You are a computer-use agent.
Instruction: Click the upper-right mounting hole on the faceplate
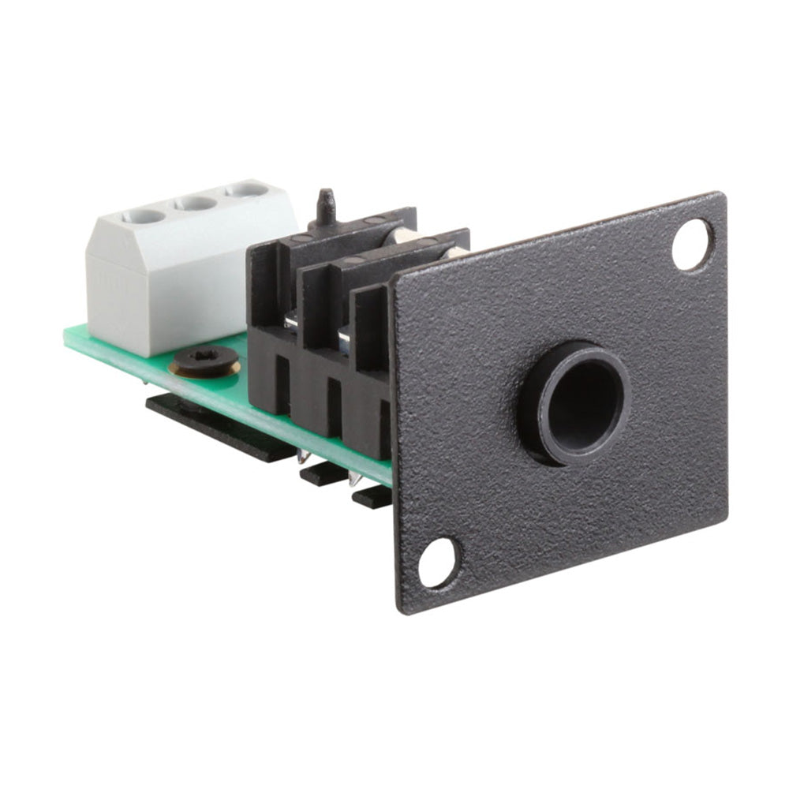coord(692,245)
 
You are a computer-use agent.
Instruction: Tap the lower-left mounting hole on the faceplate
coord(436,561)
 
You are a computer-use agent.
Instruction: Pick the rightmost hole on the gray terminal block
coord(248,189)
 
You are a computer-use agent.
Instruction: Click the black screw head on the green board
coord(204,359)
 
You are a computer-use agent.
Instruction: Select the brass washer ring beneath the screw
coord(204,369)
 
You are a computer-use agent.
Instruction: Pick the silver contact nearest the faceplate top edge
coord(456,252)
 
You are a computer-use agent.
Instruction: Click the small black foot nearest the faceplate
coord(371,497)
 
